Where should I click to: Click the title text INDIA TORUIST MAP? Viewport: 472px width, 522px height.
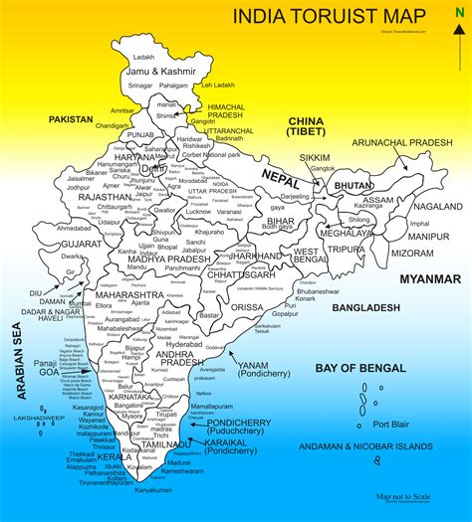tap(321, 17)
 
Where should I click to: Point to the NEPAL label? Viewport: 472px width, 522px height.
tap(282, 176)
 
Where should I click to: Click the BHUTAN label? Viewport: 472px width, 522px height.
tap(354, 185)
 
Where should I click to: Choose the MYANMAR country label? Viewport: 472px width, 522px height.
tap(429, 279)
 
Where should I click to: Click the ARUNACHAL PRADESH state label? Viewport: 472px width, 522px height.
tap(403, 142)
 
